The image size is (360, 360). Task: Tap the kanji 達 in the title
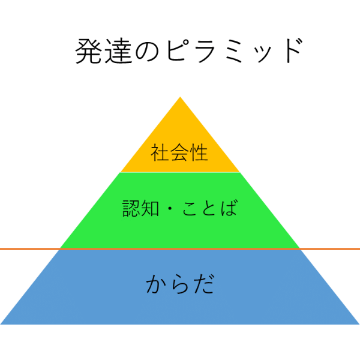pos(118,52)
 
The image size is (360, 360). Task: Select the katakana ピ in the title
pos(178,52)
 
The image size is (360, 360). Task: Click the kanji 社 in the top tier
pos(161,153)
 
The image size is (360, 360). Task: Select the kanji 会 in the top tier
pos(180,153)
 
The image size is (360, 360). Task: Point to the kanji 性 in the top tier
pos(199,153)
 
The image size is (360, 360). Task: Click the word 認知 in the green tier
pos(140,209)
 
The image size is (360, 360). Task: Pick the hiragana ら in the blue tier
pos(180,284)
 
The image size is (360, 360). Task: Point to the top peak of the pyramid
pos(180,98)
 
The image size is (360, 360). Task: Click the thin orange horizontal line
pos(30,248)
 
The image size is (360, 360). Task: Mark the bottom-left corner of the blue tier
pos(2,323)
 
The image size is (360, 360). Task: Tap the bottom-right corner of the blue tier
pos(358,323)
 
